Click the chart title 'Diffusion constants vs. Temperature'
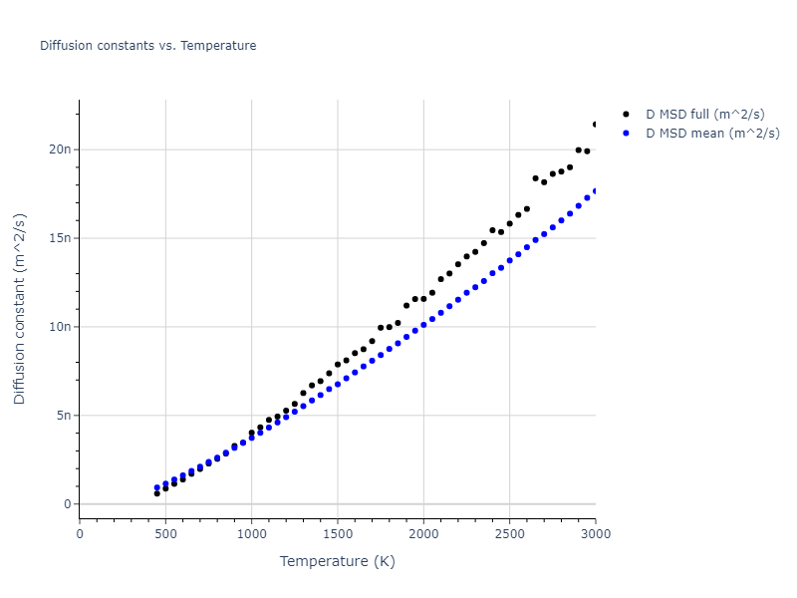[x=147, y=46]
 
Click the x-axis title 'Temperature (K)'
[x=337, y=562]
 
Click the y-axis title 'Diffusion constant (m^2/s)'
[x=20, y=308]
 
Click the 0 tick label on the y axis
[x=69, y=504]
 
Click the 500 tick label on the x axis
[x=165, y=534]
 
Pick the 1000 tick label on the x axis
[x=251, y=534]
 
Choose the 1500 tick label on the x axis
[x=338, y=534]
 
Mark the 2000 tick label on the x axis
[x=423, y=534]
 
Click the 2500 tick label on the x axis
[x=509, y=534]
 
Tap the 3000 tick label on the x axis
[x=595, y=534]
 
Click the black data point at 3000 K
[x=595, y=125]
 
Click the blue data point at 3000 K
[x=595, y=191]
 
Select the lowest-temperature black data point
[x=157, y=493]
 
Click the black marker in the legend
[x=626, y=115]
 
